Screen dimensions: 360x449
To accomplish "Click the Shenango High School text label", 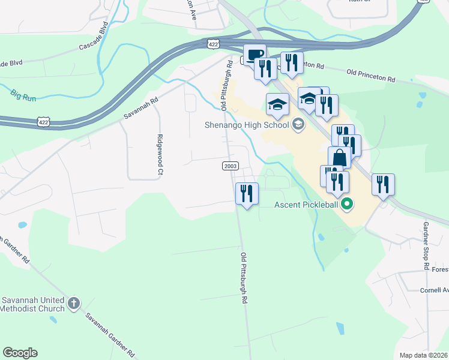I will click(x=253, y=125).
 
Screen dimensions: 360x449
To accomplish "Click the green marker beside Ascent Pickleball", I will click(x=346, y=205).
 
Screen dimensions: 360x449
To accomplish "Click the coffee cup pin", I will click(x=254, y=55).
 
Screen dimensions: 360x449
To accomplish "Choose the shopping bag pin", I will click(x=339, y=158).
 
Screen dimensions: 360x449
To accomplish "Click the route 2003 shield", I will click(x=230, y=166).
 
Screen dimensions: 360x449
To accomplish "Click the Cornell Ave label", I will click(x=433, y=290).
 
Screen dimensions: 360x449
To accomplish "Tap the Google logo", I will click(x=20, y=353).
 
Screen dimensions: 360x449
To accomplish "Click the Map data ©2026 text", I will click(x=423, y=355).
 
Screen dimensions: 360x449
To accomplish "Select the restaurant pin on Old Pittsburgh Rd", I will click(x=247, y=194).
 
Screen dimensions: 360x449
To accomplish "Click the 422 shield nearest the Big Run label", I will click(x=59, y=123).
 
